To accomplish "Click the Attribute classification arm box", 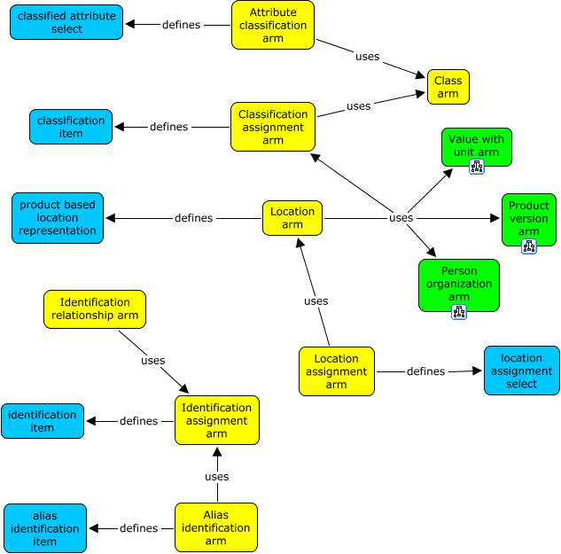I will (x=273, y=25).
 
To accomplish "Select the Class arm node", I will (x=448, y=87).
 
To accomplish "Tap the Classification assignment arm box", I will (x=273, y=127).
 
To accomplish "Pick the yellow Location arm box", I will (x=292, y=218).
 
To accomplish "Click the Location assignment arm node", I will (x=337, y=371).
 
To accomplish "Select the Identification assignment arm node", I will (x=217, y=420).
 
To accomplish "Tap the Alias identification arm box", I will (x=216, y=528).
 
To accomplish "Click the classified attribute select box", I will (x=67, y=22).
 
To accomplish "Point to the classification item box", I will (x=71, y=127).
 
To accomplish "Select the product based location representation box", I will (x=58, y=218).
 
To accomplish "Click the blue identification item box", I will (x=43, y=421).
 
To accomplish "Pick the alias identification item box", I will (x=45, y=528).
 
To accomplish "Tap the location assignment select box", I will (x=522, y=371).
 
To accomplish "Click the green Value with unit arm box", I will (x=475, y=145).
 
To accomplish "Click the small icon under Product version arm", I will (x=529, y=246).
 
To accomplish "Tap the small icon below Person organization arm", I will (x=459, y=312).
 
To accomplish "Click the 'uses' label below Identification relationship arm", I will (x=153, y=361).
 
